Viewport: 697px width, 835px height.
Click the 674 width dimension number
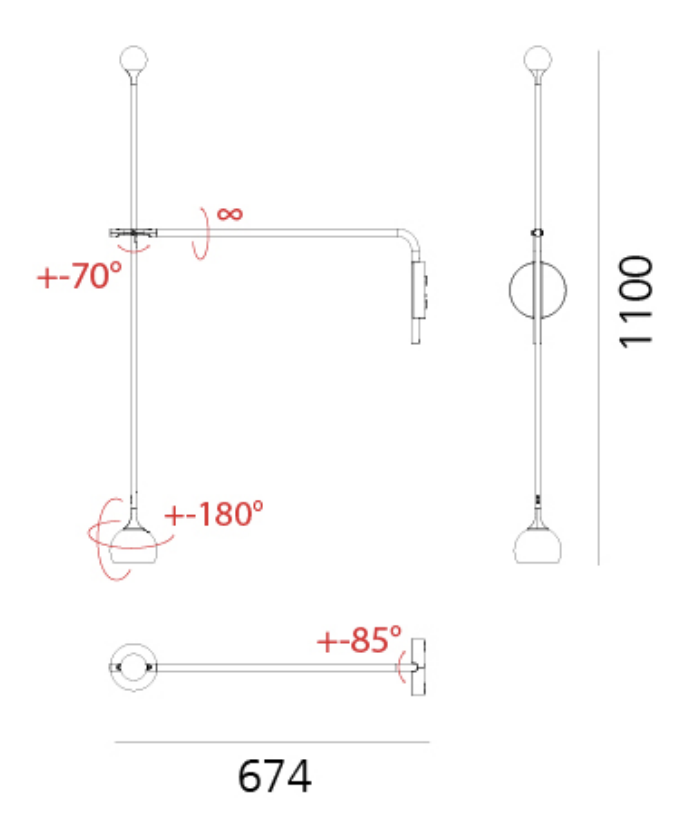click(274, 776)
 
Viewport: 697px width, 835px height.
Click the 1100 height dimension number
click(636, 302)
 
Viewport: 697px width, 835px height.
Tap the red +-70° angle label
click(79, 275)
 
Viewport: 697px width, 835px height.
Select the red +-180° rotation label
click(214, 514)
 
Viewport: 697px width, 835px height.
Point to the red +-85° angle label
click(359, 640)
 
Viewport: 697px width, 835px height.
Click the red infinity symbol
click(230, 214)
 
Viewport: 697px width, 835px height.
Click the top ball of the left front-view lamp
click(134, 60)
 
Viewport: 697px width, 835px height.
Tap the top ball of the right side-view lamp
click(538, 60)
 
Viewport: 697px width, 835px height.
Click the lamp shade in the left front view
click(133, 546)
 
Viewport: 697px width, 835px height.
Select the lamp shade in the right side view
click(537, 546)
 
